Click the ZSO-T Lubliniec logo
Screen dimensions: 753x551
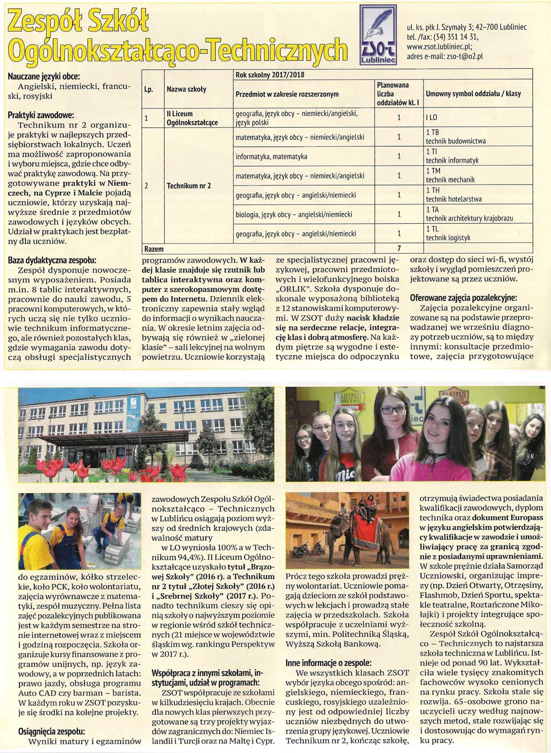click(378, 35)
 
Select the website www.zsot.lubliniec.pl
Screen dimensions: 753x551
click(439, 46)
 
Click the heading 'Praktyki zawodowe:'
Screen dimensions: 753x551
click(40, 115)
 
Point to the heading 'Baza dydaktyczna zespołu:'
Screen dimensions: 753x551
click(52, 260)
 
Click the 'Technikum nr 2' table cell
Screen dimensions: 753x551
click(188, 186)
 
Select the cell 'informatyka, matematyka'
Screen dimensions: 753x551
click(271, 157)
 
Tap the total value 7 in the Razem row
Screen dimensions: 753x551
click(399, 249)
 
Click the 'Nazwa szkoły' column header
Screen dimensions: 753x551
click(186, 89)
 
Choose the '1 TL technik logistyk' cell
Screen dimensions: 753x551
click(448, 233)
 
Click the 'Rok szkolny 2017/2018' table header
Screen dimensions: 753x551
click(270, 75)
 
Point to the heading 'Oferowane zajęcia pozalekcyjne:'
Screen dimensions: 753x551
click(463, 297)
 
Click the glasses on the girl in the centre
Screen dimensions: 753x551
click(393, 410)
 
